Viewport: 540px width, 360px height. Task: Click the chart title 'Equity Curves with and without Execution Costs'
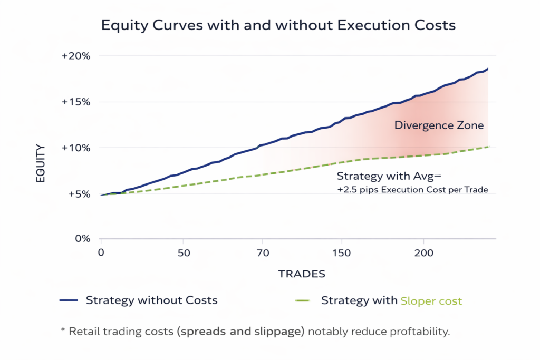click(x=269, y=25)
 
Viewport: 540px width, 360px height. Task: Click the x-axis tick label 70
click(x=262, y=252)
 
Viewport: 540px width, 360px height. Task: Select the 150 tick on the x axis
click(x=342, y=252)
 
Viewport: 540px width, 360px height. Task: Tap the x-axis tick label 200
click(x=423, y=252)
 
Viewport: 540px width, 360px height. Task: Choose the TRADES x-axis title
click(x=302, y=274)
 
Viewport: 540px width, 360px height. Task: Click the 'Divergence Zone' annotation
click(x=439, y=125)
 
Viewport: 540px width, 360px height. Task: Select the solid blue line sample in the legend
click(x=69, y=300)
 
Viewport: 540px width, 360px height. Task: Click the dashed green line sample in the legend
click(x=303, y=300)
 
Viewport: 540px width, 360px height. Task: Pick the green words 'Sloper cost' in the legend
click(x=431, y=301)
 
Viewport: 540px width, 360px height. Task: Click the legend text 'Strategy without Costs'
click(x=151, y=300)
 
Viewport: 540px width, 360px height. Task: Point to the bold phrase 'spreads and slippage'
click(x=242, y=332)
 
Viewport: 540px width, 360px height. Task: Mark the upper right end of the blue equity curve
click(x=488, y=69)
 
